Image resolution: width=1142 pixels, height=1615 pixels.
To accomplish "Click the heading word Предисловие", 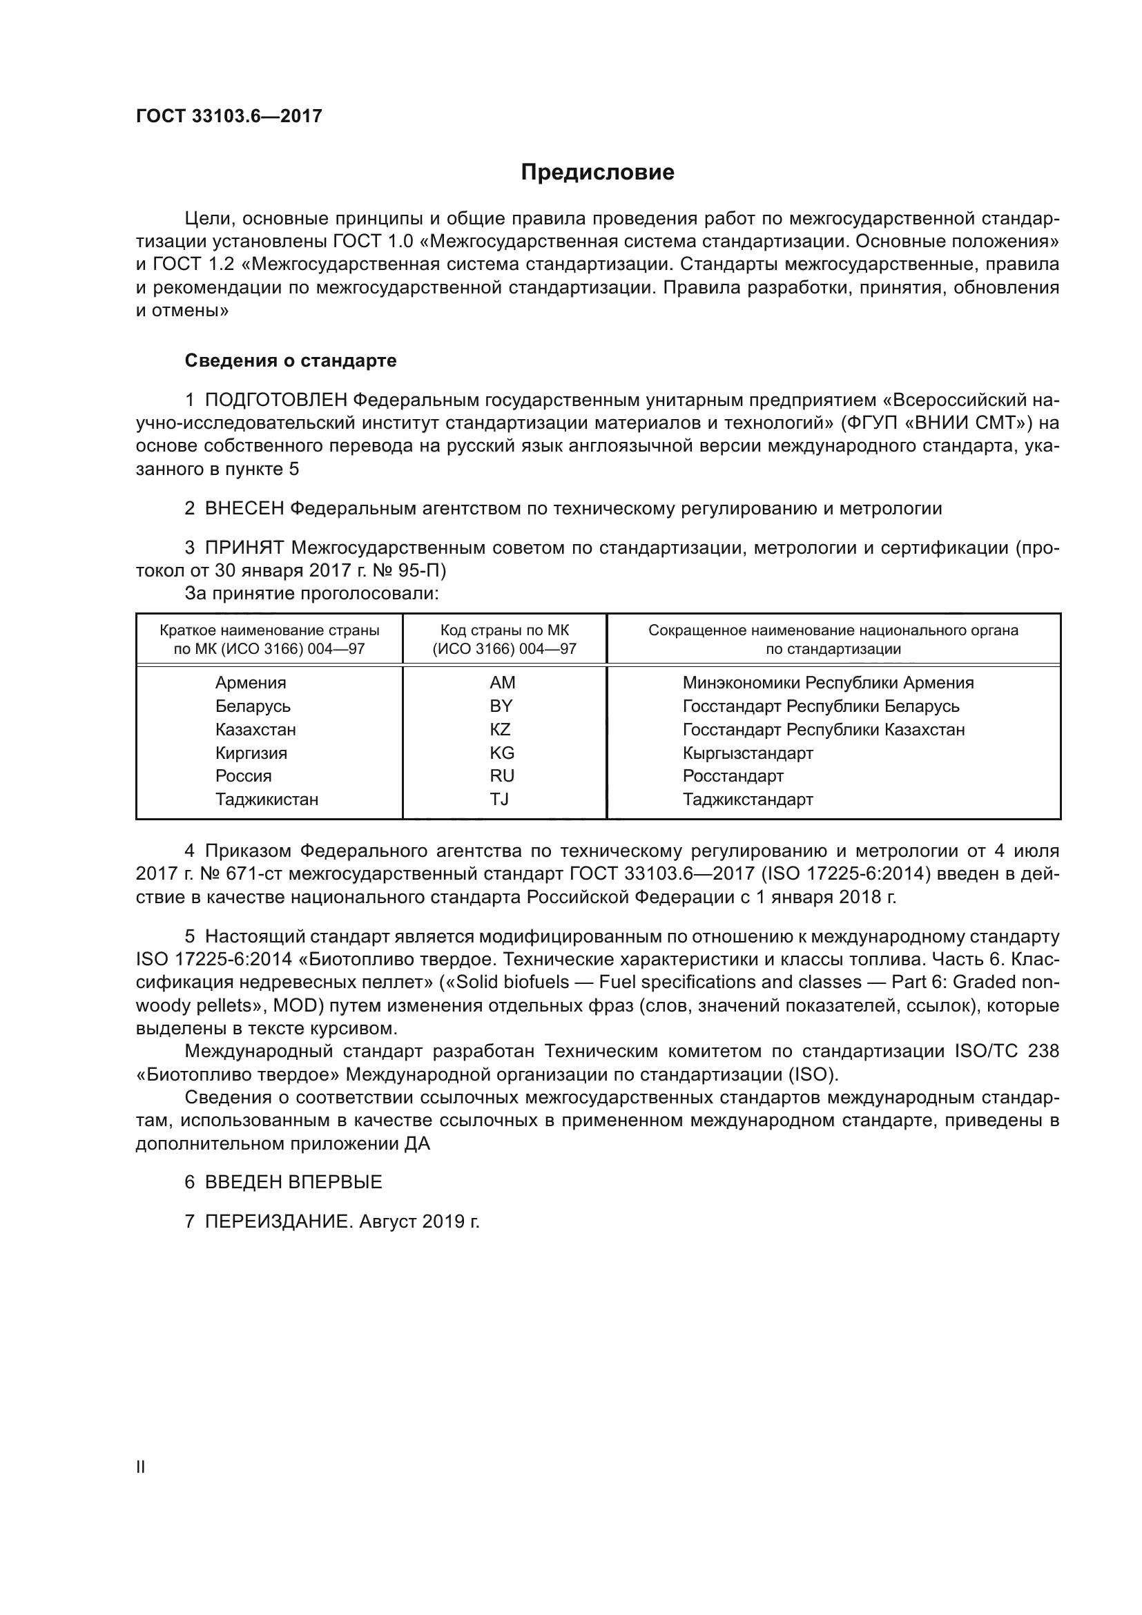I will point(597,173).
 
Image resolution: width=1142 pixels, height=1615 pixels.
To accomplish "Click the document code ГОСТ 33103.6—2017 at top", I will point(229,116).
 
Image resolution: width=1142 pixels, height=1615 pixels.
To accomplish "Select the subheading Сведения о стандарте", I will point(291,361).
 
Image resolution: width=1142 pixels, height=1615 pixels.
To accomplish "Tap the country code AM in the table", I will point(502,683).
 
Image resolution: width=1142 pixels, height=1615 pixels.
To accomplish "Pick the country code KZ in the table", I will point(500,729).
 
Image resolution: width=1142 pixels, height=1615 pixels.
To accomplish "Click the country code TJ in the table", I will point(499,799).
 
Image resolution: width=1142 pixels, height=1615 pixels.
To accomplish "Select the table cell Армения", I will point(251,683).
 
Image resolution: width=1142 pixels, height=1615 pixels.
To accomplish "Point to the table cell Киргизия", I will point(251,753).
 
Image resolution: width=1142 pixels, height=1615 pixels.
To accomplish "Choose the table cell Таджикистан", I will point(267,800).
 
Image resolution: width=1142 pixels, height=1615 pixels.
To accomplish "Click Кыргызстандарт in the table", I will point(748,753).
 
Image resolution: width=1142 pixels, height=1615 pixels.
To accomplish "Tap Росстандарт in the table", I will point(733,777).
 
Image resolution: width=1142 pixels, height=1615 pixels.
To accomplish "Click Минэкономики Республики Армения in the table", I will point(828,683).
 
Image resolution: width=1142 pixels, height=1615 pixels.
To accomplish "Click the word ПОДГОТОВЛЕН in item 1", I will point(275,400).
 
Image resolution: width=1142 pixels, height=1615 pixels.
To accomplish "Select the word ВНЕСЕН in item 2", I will point(244,509).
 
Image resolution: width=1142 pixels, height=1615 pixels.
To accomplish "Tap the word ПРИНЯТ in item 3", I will point(244,548).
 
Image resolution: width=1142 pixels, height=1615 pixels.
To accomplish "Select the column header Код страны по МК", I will point(504,630).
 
